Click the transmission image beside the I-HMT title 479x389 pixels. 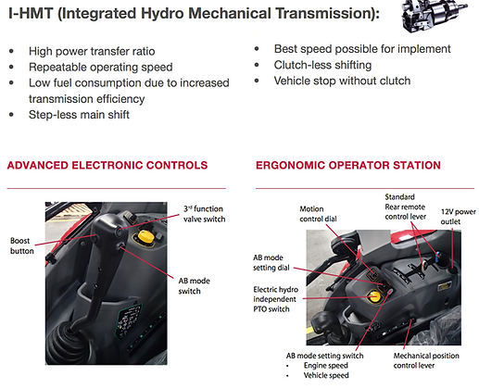pyautogui.click(x=435, y=15)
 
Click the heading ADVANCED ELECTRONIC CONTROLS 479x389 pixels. pyautogui.click(x=107, y=165)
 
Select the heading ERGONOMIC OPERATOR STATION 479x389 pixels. pyautogui.click(x=348, y=165)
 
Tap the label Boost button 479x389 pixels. pyautogui.click(x=21, y=245)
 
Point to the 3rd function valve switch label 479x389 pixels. pyautogui.click(x=204, y=214)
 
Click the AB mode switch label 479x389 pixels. pyautogui.click(x=194, y=286)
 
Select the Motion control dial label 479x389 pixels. pyautogui.click(x=318, y=214)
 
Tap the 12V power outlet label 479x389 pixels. pyautogui.click(x=459, y=217)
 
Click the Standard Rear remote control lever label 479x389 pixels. pyautogui.click(x=405, y=207)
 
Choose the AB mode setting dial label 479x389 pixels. pyautogui.click(x=271, y=262)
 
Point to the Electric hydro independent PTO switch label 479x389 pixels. pyautogui.click(x=275, y=299)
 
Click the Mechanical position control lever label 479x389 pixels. pyautogui.click(x=426, y=360)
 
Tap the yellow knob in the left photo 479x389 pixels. pyautogui.click(x=145, y=237)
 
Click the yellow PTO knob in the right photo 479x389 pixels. pyautogui.click(x=374, y=296)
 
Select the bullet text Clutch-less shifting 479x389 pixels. pyautogui.click(x=322, y=65)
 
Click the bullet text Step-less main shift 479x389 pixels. pyautogui.click(x=79, y=115)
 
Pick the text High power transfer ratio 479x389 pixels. pyautogui.click(x=92, y=51)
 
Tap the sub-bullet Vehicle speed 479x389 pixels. pyautogui.click(x=326, y=375)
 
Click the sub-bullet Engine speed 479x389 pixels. pyautogui.click(x=326, y=366)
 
